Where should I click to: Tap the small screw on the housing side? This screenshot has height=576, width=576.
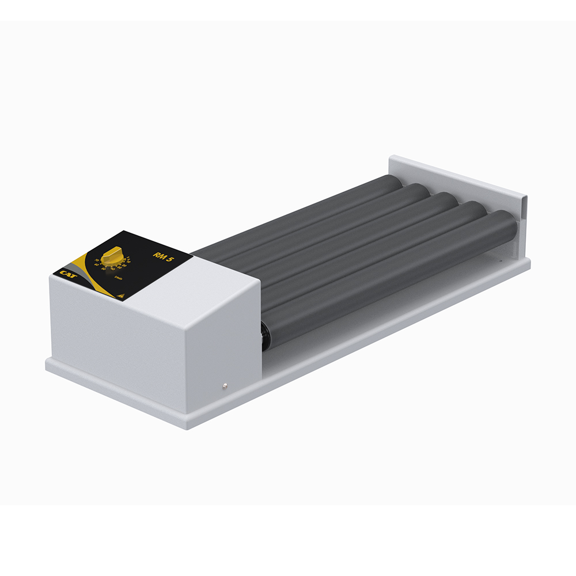click(225, 385)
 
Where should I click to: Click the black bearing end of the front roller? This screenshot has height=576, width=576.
click(266, 335)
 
